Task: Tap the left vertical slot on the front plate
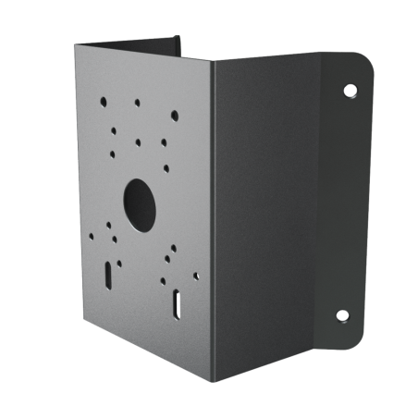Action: click(109, 274)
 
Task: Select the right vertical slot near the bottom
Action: click(175, 304)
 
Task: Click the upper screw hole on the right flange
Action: click(350, 91)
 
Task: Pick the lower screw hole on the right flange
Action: click(342, 315)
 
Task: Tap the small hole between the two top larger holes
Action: click(137, 103)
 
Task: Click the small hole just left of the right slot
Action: click(163, 280)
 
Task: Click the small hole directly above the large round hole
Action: click(137, 142)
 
